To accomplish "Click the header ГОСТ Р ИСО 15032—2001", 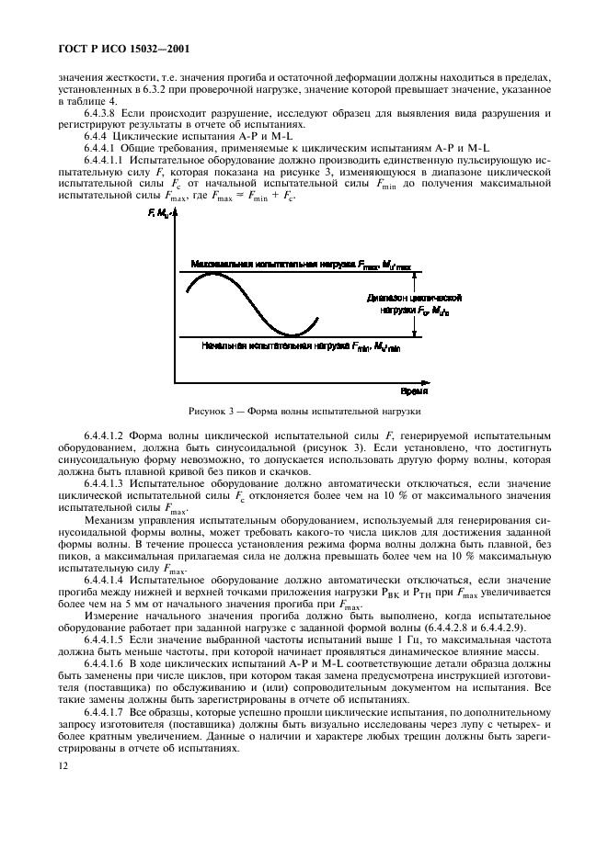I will [123, 47].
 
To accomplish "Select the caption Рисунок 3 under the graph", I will [304, 411].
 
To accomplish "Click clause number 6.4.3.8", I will [105, 113].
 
